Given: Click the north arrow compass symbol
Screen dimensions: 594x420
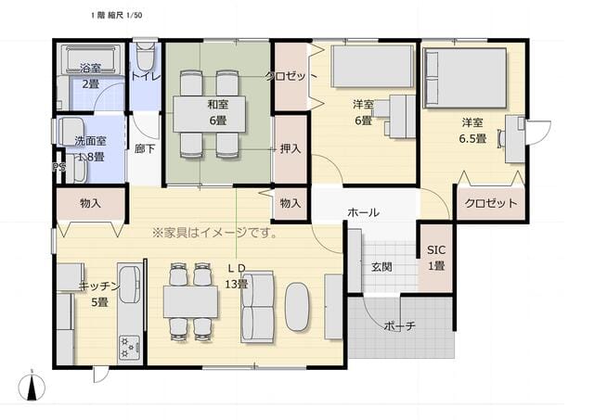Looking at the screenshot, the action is (32, 387).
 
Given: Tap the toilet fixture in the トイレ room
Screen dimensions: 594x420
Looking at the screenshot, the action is (145, 56).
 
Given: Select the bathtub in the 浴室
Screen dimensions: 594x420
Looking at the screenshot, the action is (91, 59).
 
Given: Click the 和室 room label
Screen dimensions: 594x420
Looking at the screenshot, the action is (218, 103).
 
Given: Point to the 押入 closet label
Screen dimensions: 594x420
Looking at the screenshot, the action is (291, 148).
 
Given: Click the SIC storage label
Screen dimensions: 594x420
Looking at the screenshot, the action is (436, 249).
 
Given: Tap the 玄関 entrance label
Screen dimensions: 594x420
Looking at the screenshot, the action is (381, 267).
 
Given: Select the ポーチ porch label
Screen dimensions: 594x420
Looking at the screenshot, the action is (400, 325).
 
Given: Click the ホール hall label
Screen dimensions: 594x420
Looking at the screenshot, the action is (363, 212).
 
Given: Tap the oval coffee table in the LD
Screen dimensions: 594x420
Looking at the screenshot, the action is (297, 307).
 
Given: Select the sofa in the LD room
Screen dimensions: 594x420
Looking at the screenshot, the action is (258, 307).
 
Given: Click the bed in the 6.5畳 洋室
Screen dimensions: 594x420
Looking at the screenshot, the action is (465, 78).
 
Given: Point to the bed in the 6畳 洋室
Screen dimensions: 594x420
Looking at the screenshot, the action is (372, 66).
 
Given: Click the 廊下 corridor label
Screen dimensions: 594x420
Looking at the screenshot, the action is (145, 148).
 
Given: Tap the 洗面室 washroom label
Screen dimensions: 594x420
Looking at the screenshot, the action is (90, 141).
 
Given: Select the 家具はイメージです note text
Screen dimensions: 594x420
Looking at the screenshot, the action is (214, 232).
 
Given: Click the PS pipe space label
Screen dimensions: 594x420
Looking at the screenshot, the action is (58, 167).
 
